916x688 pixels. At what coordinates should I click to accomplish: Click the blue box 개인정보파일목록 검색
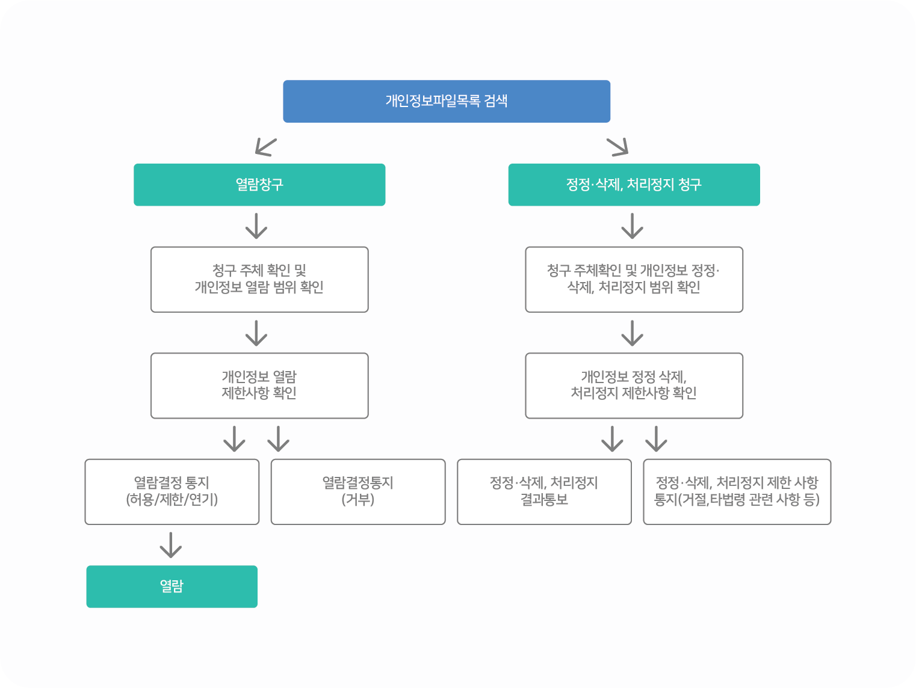point(447,101)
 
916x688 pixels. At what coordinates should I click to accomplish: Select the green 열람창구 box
point(259,185)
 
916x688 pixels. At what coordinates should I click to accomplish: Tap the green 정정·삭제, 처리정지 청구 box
point(634,185)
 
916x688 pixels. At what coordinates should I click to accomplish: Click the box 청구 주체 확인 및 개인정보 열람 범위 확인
point(259,279)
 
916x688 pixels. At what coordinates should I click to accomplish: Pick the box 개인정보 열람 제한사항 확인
point(259,385)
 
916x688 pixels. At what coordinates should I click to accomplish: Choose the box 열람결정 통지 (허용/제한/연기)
point(172,491)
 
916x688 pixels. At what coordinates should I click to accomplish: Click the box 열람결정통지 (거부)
point(358,491)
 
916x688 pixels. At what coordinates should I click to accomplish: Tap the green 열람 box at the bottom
point(172,586)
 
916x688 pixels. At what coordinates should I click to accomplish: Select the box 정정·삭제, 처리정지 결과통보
point(544,491)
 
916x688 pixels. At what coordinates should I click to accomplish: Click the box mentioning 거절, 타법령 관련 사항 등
point(737,491)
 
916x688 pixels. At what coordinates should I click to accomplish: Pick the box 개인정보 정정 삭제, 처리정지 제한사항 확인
point(634,385)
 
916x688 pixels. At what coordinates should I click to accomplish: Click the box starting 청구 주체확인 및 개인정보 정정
point(634,279)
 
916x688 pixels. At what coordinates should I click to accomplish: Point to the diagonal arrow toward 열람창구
point(265,147)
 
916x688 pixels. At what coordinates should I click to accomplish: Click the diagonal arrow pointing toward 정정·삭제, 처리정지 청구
point(618,147)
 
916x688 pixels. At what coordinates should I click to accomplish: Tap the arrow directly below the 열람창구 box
point(256,226)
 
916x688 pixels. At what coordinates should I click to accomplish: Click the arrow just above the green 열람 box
point(171,545)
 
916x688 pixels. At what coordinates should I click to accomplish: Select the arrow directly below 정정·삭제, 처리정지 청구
point(632,226)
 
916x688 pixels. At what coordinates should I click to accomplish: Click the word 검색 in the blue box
point(496,101)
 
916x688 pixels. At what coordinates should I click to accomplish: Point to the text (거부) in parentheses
point(358,500)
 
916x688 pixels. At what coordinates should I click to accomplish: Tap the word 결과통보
point(544,500)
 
